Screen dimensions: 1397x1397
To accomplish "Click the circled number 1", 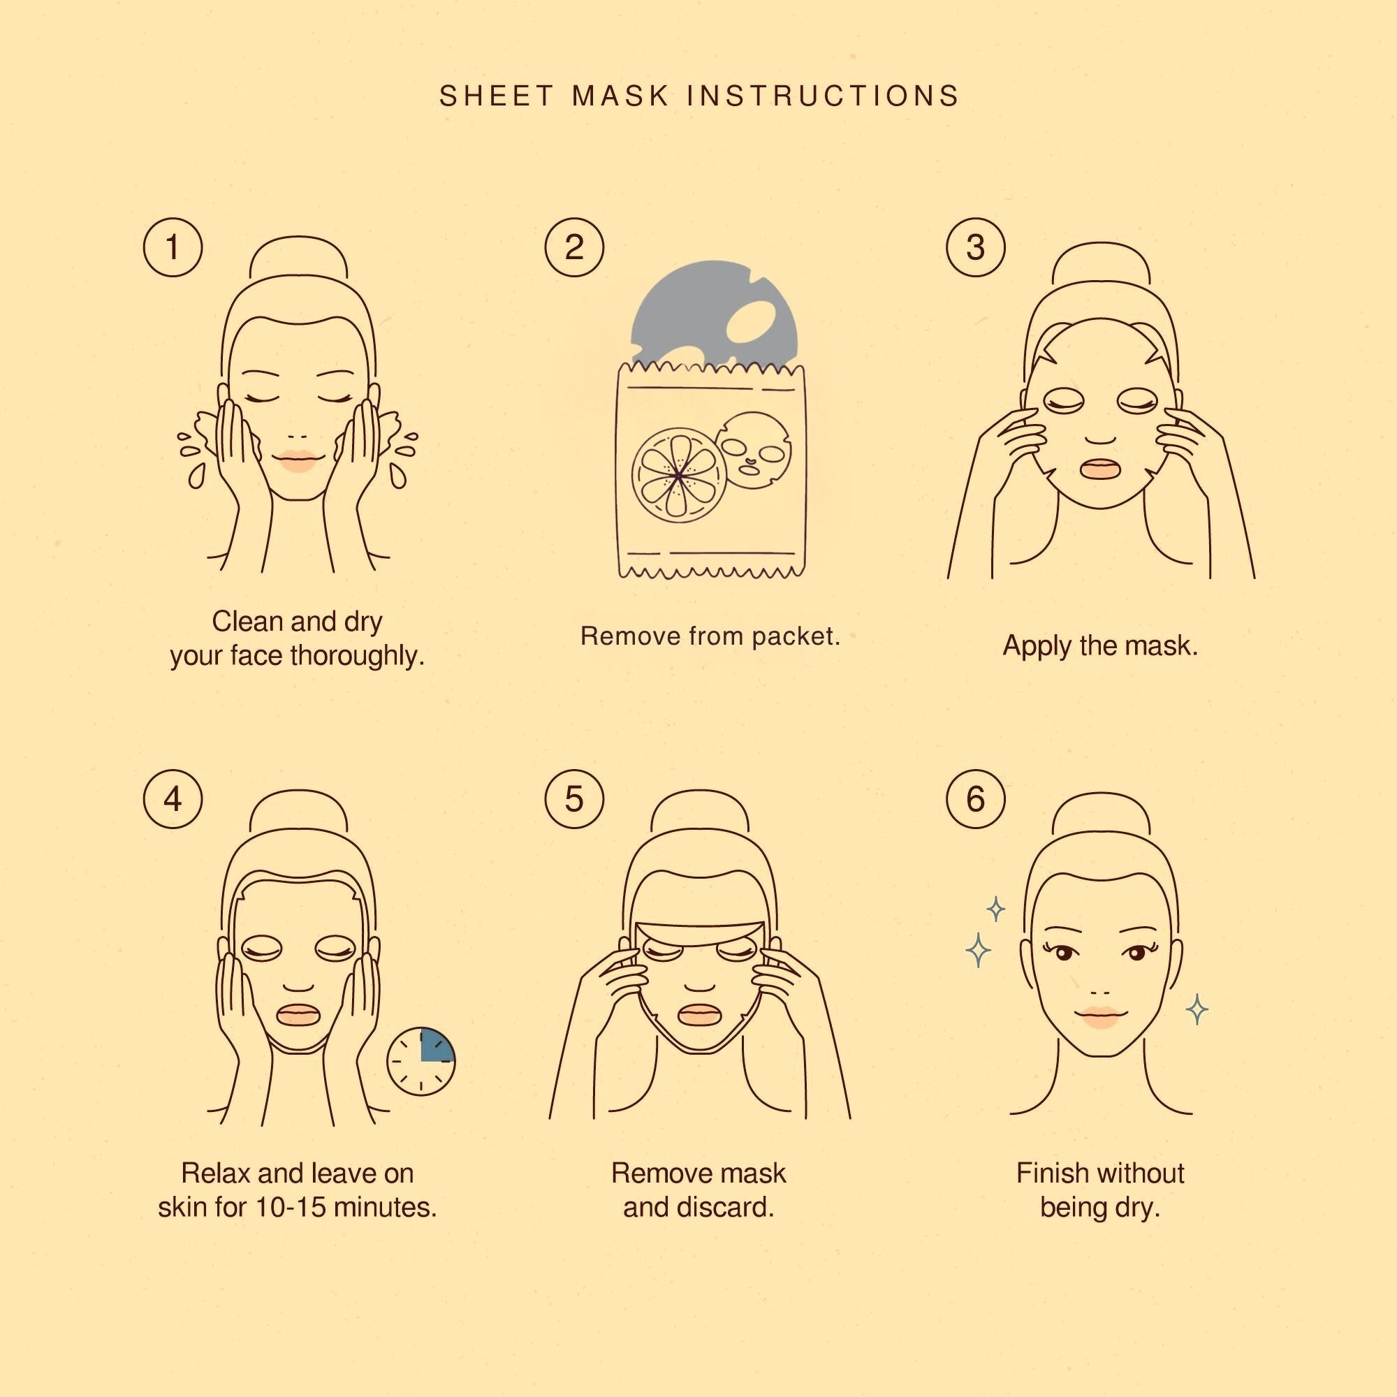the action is tap(173, 247).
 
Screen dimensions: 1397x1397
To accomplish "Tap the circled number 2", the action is tap(574, 247).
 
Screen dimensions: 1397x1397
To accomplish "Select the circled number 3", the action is tap(975, 247).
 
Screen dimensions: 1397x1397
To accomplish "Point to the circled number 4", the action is tap(173, 799).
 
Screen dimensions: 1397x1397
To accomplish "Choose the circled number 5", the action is tap(574, 799).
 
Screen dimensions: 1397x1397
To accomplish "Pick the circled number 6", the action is tap(975, 799).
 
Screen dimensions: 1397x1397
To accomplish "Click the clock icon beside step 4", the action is tap(420, 1062).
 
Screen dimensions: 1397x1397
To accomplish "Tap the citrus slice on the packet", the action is tap(678, 475).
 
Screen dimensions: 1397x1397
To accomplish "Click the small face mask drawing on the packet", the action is tap(754, 453).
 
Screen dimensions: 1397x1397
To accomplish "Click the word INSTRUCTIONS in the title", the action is tap(823, 96).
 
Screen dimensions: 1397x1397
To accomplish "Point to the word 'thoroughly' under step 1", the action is tap(357, 657).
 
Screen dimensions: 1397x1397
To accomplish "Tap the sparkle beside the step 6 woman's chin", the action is tap(1197, 1009).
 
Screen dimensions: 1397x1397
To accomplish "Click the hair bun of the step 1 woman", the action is tap(298, 258).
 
